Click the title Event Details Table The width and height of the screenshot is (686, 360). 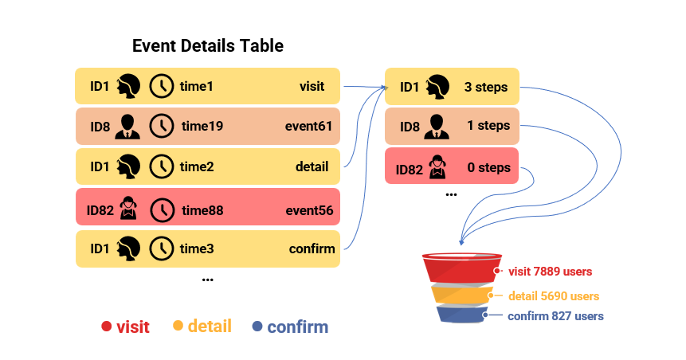point(207,45)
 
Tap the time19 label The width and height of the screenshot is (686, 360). point(202,126)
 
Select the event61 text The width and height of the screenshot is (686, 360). point(308,126)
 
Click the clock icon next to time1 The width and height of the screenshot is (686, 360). point(162,86)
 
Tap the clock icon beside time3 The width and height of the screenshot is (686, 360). point(162,248)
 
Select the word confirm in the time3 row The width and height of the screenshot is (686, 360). point(312,248)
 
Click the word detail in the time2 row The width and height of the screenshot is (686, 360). point(312,166)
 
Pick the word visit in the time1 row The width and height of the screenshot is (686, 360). point(312,86)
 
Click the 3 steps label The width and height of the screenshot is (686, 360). point(485,86)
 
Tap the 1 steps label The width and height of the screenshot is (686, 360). point(488,126)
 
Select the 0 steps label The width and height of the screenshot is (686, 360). point(488,168)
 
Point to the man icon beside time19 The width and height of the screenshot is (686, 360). point(127,126)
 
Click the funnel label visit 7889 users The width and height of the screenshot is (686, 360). point(550,272)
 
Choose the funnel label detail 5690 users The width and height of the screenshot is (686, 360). point(554,296)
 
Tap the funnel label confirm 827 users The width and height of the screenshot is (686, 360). point(555,316)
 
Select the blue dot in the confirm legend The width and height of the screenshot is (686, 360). point(257,327)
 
